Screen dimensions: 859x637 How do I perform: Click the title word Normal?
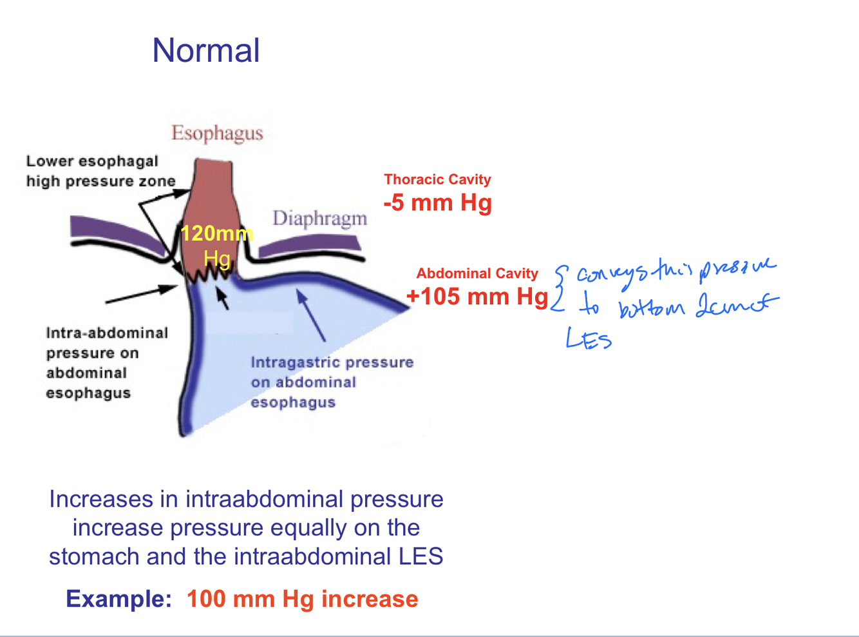[206, 51]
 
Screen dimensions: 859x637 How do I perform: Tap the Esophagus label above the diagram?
[217, 133]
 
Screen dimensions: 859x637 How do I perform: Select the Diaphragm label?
[319, 219]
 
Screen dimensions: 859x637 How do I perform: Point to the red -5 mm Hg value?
[438, 203]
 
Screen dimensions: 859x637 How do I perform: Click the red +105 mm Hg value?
[477, 297]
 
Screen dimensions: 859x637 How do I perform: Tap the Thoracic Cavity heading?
[437, 179]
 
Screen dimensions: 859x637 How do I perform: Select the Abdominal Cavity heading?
[477, 273]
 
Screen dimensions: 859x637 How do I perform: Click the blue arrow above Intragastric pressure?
[311, 315]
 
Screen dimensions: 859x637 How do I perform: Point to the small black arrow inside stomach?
[222, 298]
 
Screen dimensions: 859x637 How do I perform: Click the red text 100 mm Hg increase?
[302, 599]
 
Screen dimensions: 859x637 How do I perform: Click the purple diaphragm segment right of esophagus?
[309, 246]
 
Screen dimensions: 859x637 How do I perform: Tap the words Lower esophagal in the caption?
[92, 161]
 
